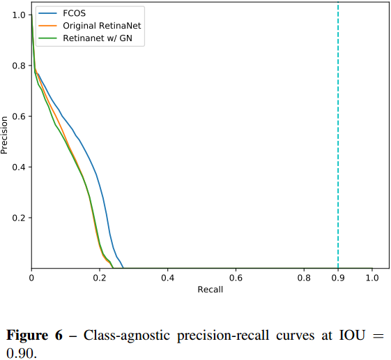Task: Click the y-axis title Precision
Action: click(x=6, y=135)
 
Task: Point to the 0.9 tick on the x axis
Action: click(x=338, y=278)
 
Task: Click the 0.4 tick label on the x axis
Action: click(x=167, y=278)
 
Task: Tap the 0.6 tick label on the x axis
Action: click(x=236, y=278)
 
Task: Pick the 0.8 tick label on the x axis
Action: click(x=304, y=278)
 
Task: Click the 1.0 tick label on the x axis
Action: click(x=372, y=278)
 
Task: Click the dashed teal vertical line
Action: click(x=338, y=140)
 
